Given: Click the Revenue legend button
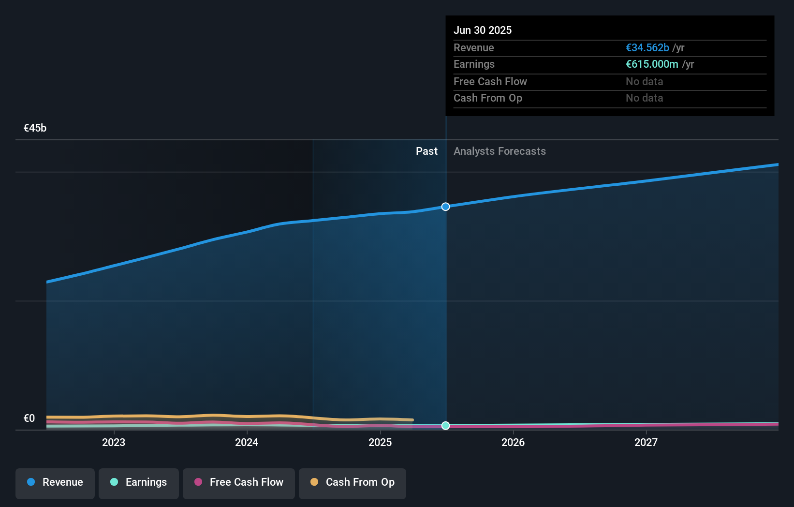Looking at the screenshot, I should click(x=55, y=483).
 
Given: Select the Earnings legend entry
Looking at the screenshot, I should click(x=139, y=483).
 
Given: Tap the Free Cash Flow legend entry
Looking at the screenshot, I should click(x=239, y=483).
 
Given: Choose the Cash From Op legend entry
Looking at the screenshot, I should click(x=353, y=483).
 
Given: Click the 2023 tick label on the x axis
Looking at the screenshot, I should click(x=114, y=443).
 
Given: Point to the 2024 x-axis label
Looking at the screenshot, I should click(x=247, y=443).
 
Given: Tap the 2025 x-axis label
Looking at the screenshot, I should click(x=380, y=443).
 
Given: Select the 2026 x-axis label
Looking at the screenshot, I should click(x=513, y=443).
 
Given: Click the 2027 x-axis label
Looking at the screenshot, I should click(x=646, y=443).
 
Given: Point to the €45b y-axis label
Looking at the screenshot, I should click(x=35, y=128).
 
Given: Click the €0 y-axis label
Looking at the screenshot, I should click(x=29, y=418).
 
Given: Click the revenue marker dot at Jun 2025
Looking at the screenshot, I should click(x=446, y=207).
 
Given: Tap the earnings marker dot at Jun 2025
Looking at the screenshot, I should click(x=446, y=426).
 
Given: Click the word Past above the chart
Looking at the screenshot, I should click(x=426, y=151).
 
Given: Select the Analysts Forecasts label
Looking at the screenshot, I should click(x=500, y=151).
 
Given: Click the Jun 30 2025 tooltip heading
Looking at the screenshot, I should click(x=483, y=30).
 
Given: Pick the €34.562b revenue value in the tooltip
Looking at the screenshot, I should click(x=647, y=48).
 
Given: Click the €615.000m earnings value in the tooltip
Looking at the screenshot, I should click(x=652, y=64).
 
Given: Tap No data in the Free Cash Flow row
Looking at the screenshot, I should click(x=644, y=82).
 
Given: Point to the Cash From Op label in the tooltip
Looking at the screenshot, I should click(x=487, y=98).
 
